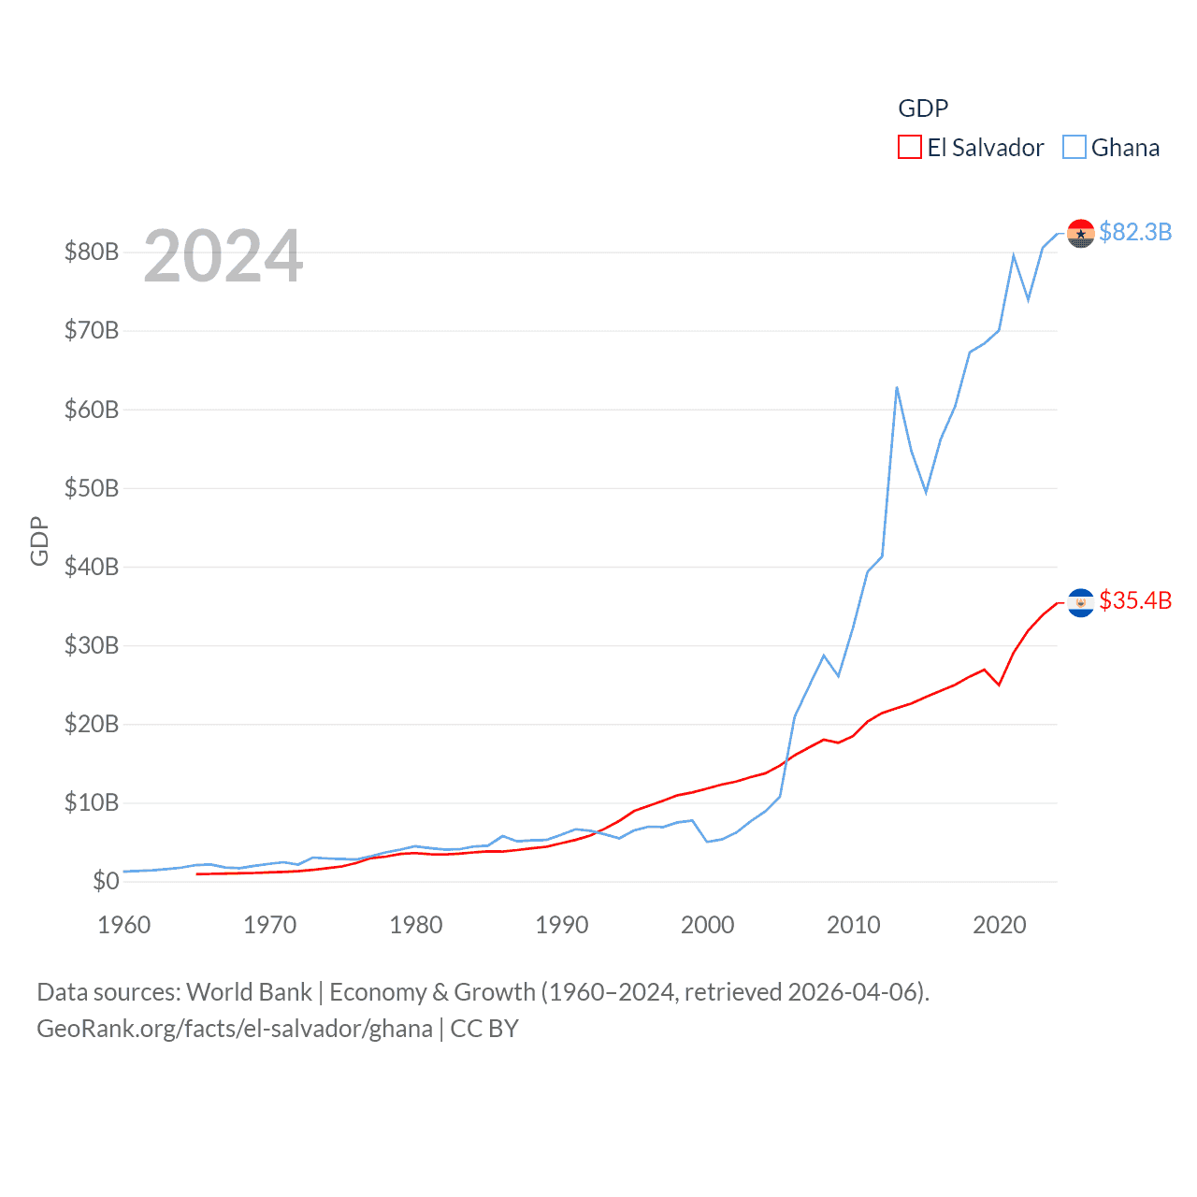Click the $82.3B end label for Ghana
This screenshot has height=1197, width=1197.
(1135, 232)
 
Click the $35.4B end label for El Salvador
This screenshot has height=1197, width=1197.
(1135, 600)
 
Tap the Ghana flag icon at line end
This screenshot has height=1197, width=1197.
(1081, 234)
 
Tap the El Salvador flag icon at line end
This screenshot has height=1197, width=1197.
(1081, 603)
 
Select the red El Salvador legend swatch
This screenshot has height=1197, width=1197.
(909, 148)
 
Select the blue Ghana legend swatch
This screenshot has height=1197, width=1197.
(1074, 148)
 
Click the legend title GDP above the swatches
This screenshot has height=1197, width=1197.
(923, 108)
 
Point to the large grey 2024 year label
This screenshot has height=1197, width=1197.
(224, 256)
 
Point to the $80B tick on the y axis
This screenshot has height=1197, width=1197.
(92, 252)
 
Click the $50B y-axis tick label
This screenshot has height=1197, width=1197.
(92, 488)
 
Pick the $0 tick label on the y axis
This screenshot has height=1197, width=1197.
(106, 881)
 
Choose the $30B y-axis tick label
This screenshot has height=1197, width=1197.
(92, 645)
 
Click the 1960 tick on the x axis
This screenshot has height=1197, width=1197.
(124, 925)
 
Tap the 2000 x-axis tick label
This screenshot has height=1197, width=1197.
(708, 925)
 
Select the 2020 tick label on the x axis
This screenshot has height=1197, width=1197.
(1000, 925)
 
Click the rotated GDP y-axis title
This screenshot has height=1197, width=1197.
(39, 541)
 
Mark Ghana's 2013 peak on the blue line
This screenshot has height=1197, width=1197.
(897, 387)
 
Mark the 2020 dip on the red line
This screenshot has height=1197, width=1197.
(999, 685)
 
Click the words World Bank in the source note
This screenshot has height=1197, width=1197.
(250, 991)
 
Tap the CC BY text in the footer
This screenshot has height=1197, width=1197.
(484, 1029)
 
